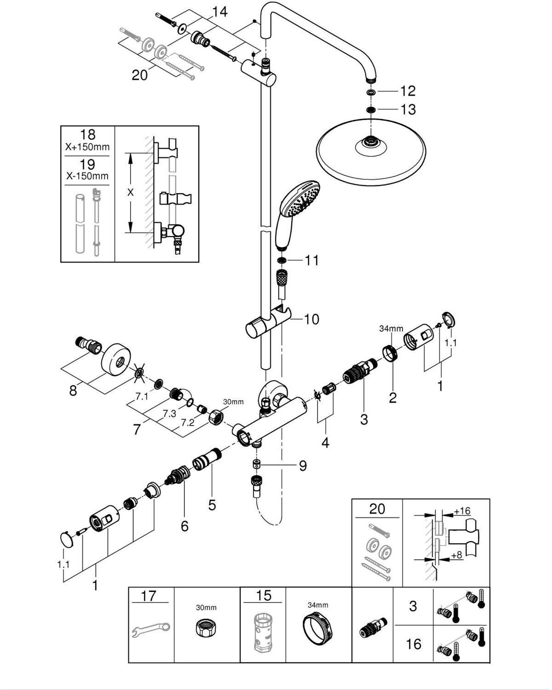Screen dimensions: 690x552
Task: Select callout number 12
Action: click(x=408, y=91)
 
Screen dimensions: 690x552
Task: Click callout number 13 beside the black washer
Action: click(x=408, y=109)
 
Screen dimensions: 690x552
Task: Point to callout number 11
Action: click(x=311, y=260)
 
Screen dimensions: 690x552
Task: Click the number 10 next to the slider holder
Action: click(x=311, y=319)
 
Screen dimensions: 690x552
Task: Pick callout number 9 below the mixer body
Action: click(x=302, y=466)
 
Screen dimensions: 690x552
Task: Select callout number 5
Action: click(x=212, y=505)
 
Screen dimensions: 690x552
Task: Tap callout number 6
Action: click(x=184, y=526)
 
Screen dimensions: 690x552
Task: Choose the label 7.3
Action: click(x=169, y=413)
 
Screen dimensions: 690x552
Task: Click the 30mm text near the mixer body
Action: click(x=233, y=402)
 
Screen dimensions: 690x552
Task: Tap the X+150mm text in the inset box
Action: click(x=87, y=148)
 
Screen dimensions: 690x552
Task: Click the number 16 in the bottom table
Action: click(x=414, y=644)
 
